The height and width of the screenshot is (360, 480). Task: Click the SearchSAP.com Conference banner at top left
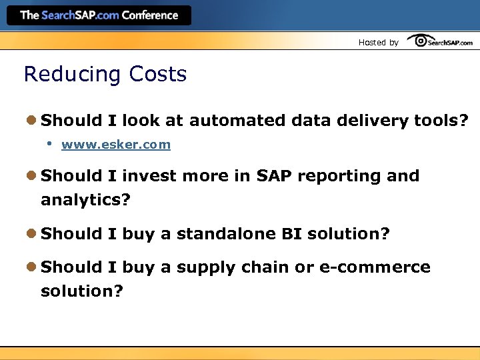[x=99, y=15]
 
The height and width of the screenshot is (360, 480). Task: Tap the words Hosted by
[x=378, y=43]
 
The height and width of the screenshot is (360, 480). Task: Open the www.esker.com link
[x=116, y=145]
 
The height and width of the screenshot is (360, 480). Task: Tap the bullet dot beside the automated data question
[x=31, y=121]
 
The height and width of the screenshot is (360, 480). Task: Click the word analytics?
[x=85, y=200]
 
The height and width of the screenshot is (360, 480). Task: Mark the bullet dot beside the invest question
[x=31, y=176]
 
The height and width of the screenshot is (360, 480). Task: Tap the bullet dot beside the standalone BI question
[x=31, y=234]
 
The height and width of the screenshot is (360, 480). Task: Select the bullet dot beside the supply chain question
[x=31, y=267]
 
